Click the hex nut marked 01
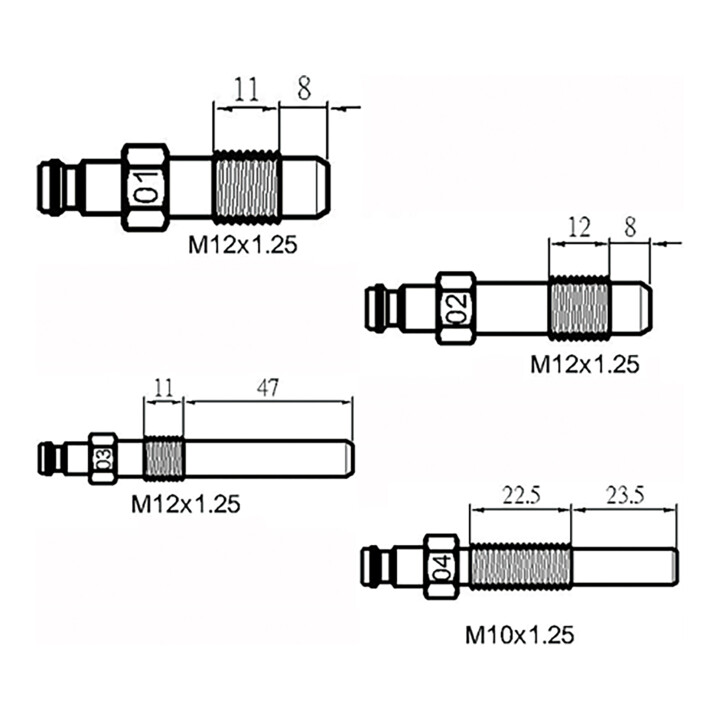tap(146, 187)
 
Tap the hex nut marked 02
tap(456, 308)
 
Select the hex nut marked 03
tap(103, 458)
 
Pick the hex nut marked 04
tap(442, 567)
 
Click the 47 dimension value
tap(268, 388)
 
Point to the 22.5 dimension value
tap(521, 495)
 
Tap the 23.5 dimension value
tap(625, 495)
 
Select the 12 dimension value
tap(579, 227)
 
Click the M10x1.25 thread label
tap(520, 636)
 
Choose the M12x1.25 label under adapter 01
tap(243, 245)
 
